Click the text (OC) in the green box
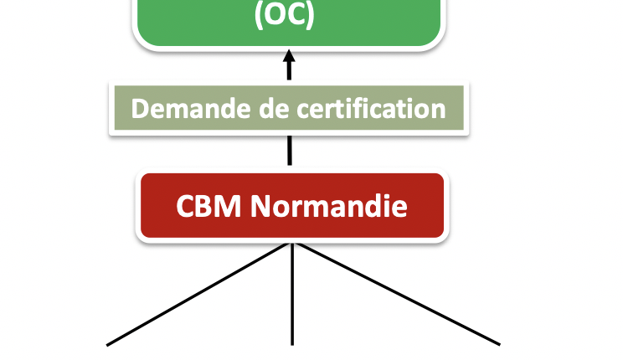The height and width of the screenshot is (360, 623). (x=285, y=16)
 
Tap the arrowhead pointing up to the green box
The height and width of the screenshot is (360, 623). (x=290, y=61)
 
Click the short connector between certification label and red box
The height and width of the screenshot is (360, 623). (x=290, y=151)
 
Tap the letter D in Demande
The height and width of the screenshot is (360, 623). (x=140, y=109)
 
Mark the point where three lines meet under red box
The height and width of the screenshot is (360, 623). (x=291, y=244)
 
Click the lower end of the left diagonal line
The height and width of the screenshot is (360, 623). (x=109, y=343)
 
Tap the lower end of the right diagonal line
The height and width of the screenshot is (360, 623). (x=499, y=343)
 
